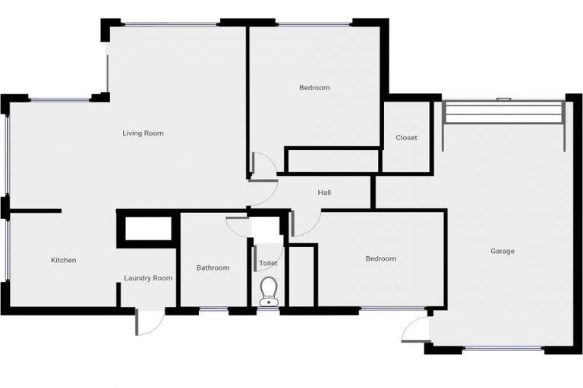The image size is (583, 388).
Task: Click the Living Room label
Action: pyautogui.click(x=143, y=133)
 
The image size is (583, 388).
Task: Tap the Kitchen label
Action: pyautogui.click(x=63, y=261)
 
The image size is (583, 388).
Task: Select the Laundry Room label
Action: pyautogui.click(x=148, y=278)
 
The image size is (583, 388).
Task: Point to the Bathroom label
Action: pyautogui.click(x=213, y=268)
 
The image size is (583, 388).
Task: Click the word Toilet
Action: pyautogui.click(x=268, y=263)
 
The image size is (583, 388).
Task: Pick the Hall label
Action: pyautogui.click(x=324, y=193)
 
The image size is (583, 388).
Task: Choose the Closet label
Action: pyautogui.click(x=406, y=138)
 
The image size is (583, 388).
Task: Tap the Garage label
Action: pyautogui.click(x=502, y=251)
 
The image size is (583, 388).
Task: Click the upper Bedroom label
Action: pyautogui.click(x=314, y=88)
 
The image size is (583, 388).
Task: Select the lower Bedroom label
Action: pyautogui.click(x=380, y=259)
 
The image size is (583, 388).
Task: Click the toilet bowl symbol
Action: pyautogui.click(x=269, y=290)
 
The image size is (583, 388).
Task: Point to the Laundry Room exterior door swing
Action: pyautogui.click(x=147, y=323)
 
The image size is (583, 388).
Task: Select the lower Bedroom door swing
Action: pyautogui.click(x=302, y=224)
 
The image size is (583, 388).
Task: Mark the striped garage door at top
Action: pyautogui.click(x=503, y=113)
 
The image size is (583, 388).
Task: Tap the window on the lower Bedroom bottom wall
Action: pyautogui.click(x=391, y=308)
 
